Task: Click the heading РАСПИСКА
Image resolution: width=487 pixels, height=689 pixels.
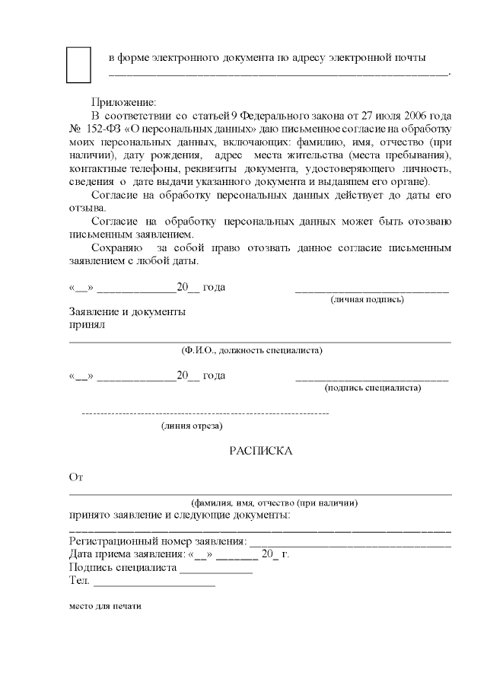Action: (261, 451)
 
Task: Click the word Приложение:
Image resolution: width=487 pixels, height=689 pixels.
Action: (123, 101)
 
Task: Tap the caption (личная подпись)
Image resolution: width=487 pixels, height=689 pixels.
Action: (367, 299)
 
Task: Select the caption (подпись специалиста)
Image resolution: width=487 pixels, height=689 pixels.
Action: (373, 388)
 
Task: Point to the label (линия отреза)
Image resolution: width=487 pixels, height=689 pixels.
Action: (192, 426)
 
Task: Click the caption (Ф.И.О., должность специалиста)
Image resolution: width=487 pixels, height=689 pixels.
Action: (252, 350)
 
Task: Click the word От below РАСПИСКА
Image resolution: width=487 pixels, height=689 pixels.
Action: (75, 477)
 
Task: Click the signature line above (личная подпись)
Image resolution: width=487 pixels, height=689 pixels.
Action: (371, 291)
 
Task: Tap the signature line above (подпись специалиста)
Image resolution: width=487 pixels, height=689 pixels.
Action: (371, 378)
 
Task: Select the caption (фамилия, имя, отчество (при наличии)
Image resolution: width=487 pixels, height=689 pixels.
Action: (275, 502)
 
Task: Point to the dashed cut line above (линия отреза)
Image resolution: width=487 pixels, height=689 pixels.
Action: (205, 413)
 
